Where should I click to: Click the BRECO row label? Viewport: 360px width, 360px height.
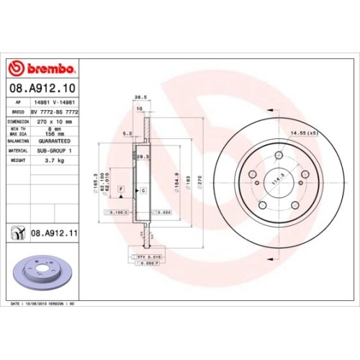(x=19, y=112)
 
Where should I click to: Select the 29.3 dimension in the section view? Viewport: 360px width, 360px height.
(x=142, y=156)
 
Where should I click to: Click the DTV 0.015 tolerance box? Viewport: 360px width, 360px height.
(x=145, y=255)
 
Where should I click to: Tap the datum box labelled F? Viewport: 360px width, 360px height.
(x=120, y=189)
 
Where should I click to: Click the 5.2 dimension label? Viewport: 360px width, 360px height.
(x=127, y=133)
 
